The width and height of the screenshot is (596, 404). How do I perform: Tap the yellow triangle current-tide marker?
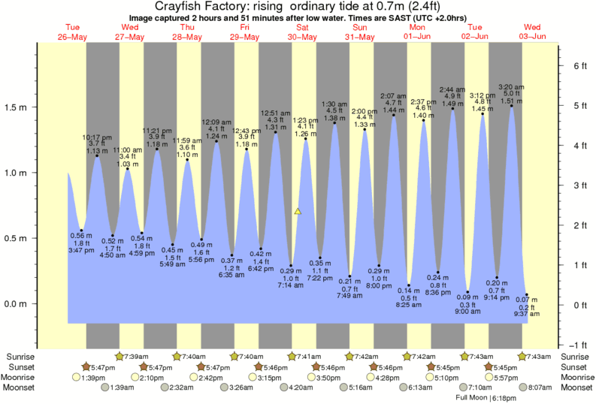click(298, 212)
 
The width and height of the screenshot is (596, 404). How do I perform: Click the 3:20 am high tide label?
click(512, 86)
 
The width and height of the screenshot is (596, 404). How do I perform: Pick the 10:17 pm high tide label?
click(97, 137)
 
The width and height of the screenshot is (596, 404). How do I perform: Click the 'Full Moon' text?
click(470, 396)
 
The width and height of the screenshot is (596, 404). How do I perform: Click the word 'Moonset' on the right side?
click(576, 388)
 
